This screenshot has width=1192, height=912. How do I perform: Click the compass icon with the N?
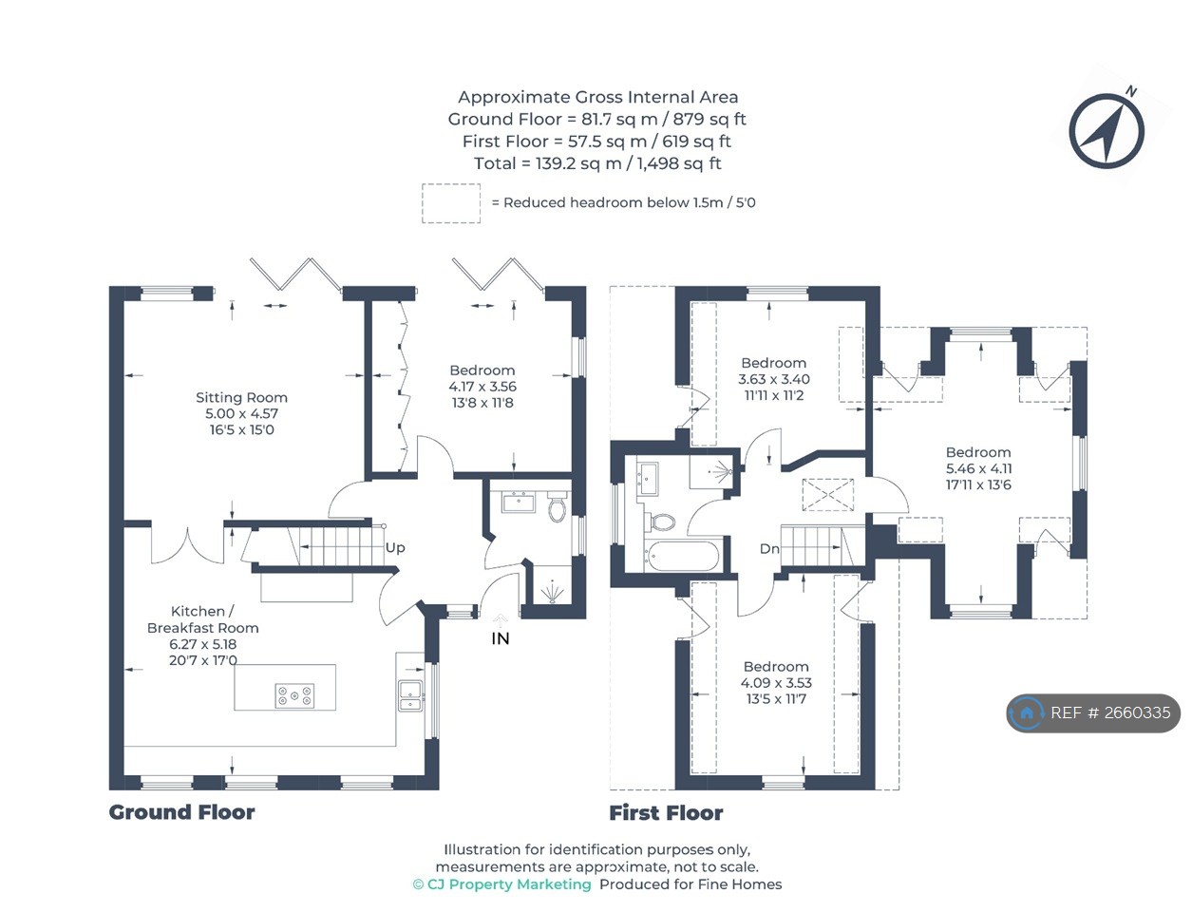pos(1107,131)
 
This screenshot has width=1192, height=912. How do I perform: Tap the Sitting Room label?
pos(241,398)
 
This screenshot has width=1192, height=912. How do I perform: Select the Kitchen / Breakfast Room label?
pos(202,619)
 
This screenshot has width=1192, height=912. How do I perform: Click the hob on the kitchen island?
pos(294,696)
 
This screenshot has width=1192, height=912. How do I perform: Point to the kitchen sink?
pos(410,695)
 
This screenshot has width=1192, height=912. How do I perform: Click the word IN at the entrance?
pos(501,639)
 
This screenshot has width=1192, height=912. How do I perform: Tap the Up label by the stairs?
pos(395,548)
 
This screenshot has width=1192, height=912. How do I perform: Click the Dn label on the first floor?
pos(769,549)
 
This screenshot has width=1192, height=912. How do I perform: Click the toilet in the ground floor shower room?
pos(558,509)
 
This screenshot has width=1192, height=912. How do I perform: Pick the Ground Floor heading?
pos(181,812)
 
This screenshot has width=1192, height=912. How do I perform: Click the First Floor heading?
pos(666,813)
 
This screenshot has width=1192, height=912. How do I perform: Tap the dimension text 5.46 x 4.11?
pos(978,468)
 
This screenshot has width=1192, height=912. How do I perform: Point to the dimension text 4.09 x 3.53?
pos(776,683)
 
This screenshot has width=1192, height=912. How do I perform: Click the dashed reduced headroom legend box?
pos(451,203)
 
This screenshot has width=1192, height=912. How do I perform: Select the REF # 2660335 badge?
pos(1093,712)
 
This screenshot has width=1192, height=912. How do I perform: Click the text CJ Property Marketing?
pos(509,884)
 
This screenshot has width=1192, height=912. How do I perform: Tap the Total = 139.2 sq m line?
pos(597,163)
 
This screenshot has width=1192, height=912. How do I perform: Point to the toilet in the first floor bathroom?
pos(661,522)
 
